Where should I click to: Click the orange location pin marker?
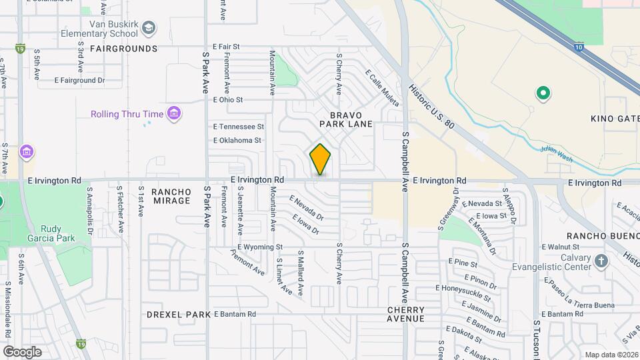click(320, 159)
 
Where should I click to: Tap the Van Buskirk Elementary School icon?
click(149, 27)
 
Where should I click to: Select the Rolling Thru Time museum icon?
click(174, 114)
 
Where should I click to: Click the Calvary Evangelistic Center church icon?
click(601, 261)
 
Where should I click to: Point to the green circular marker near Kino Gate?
click(543, 93)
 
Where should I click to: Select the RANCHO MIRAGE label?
click(171, 196)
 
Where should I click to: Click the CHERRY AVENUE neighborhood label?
click(406, 315)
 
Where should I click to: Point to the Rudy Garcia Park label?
click(51, 232)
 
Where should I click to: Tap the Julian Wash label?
click(556, 151)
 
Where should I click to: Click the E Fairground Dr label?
click(80, 80)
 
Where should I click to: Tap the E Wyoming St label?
click(257, 247)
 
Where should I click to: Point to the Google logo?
click(22, 351)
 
